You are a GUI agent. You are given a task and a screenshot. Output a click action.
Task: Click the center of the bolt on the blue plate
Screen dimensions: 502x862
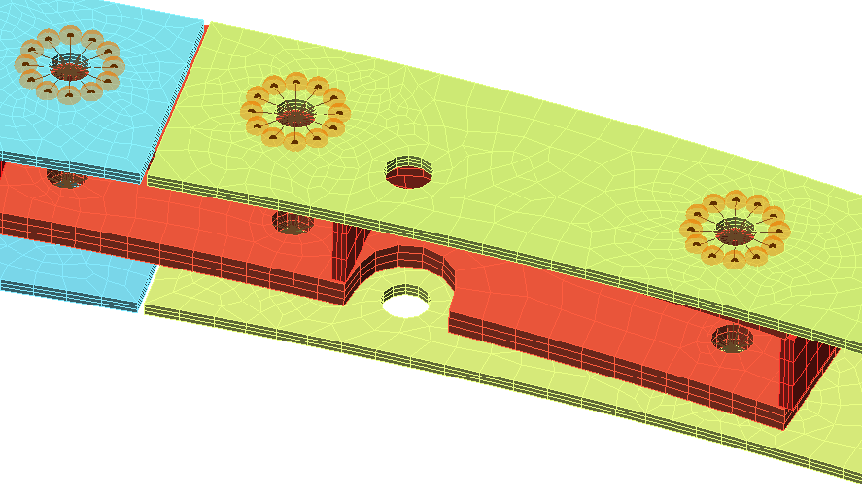69,66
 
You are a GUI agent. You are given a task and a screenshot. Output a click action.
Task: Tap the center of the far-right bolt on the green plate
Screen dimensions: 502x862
735,231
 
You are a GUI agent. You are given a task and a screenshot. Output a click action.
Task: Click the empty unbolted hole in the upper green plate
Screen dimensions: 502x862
408,174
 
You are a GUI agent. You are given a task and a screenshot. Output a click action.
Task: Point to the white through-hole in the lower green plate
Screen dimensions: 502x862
405,302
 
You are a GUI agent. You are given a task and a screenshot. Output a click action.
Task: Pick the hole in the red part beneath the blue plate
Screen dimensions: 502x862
67,179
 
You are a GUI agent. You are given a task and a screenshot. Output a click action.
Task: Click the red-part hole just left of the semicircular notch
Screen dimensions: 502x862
293,224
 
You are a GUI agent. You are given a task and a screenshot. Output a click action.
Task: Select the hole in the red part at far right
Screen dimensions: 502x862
732,340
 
